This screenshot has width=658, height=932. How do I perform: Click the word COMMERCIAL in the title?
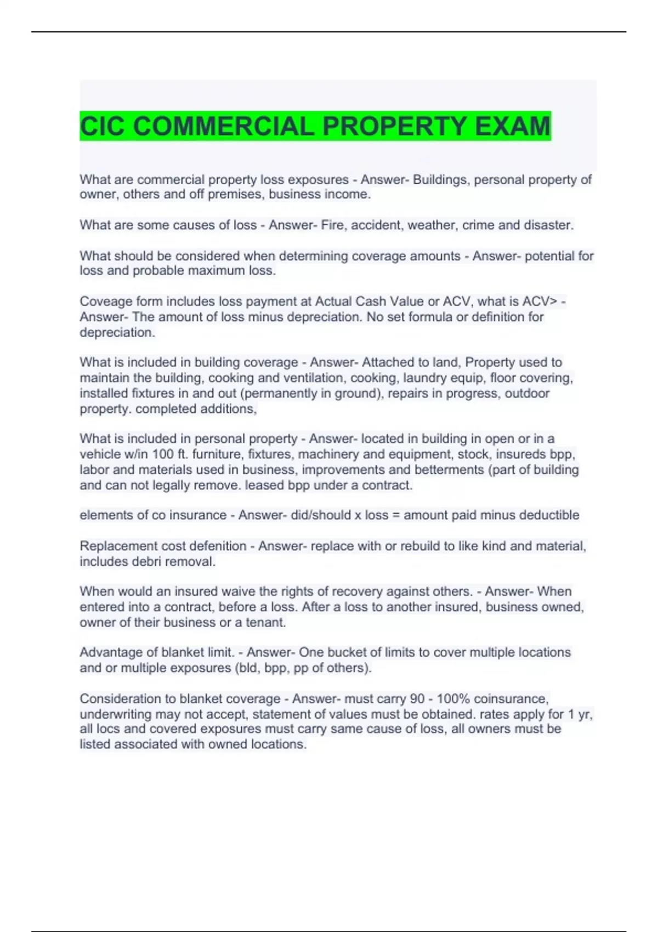click(224, 127)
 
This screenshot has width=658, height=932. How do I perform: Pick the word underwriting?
click(116, 714)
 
